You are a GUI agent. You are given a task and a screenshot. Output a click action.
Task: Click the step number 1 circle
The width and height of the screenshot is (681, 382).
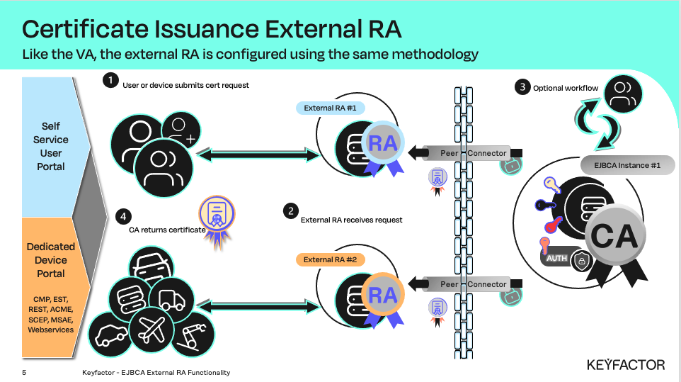(x=110, y=80)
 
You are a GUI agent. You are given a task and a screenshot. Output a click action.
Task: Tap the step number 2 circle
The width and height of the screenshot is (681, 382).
(x=290, y=210)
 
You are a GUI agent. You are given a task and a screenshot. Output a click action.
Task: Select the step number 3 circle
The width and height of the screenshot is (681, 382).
(x=522, y=88)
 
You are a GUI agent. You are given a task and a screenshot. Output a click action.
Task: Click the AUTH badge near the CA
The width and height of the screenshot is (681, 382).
(x=556, y=259)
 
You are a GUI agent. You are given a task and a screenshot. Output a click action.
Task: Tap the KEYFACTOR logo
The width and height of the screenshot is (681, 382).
(x=626, y=364)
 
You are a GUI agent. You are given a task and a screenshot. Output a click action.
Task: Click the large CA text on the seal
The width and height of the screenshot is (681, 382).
(x=614, y=236)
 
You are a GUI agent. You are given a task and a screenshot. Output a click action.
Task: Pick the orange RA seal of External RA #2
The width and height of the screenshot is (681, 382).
(x=383, y=294)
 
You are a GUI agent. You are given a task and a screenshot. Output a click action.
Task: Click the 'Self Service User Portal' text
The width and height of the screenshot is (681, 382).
(x=51, y=146)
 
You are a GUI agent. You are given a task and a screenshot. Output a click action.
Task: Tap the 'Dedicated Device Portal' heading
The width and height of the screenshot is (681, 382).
(x=51, y=259)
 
